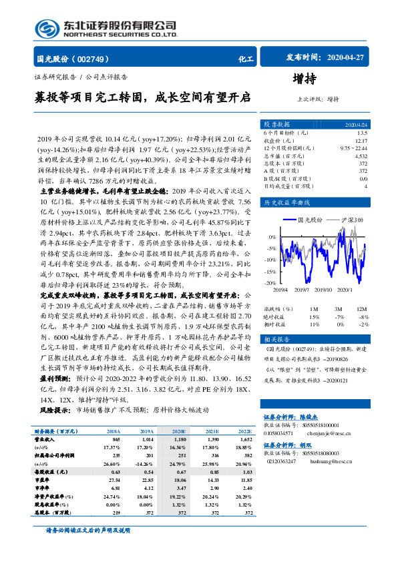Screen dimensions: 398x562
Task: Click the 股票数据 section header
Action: pyautogui.click(x=276, y=125)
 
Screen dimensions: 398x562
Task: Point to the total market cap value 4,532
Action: pyautogui.click(x=361, y=155)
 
